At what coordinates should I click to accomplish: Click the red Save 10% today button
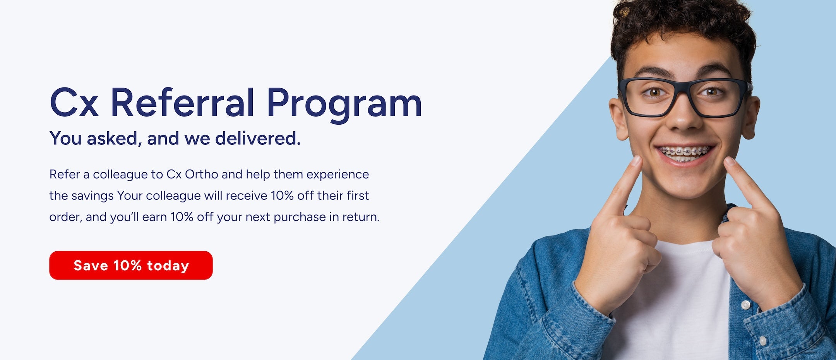click(x=131, y=265)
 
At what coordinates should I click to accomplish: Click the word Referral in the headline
click(x=182, y=103)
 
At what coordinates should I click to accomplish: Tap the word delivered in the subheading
click(x=258, y=138)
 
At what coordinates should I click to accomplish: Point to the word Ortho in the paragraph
click(x=202, y=174)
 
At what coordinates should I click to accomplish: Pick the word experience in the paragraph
click(x=337, y=175)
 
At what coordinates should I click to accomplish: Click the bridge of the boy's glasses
click(x=684, y=86)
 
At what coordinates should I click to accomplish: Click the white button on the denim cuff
click(x=745, y=305)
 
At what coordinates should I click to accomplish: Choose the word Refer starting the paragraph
click(x=64, y=174)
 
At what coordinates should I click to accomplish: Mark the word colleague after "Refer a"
click(x=120, y=175)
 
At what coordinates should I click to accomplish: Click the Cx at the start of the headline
click(x=74, y=103)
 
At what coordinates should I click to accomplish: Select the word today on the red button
click(x=168, y=266)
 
